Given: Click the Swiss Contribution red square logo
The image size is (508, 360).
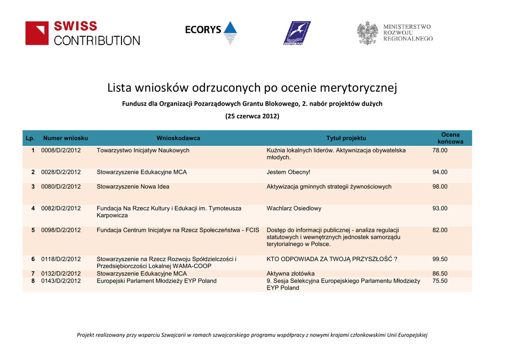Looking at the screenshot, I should pos(37,33).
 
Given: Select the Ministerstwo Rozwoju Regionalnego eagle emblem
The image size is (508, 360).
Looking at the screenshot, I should pos(368,33).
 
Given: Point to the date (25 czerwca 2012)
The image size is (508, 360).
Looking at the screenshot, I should pos(252,116).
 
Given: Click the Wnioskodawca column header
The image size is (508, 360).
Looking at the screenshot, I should pos(178,138).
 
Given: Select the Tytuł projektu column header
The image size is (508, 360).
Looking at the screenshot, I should pos(346,138).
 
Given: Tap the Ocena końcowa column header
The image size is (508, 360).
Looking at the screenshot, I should pos(450,138).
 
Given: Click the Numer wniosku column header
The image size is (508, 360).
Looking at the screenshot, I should pos(65,138).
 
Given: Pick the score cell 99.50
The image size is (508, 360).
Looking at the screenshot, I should pos(440,259).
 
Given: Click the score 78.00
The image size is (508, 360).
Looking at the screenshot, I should pos(440,150).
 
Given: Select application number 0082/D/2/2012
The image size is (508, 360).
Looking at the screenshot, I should pos(61,209).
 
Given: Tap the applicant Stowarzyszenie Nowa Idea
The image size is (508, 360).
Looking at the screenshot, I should pos(133,187).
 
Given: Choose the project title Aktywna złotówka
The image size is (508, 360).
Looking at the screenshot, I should pos(291,274).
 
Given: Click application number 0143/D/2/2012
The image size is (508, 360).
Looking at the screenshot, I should pos(61,281).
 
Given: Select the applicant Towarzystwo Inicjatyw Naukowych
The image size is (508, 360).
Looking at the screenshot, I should pos(143,150).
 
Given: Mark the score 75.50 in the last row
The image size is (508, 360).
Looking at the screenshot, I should pos(440,281).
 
